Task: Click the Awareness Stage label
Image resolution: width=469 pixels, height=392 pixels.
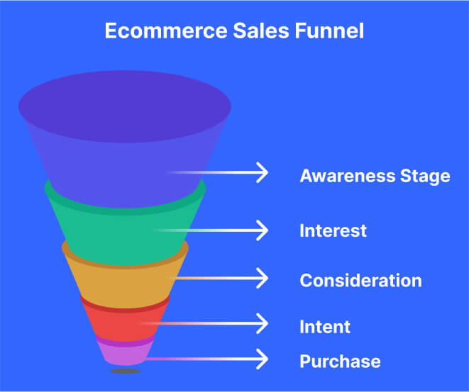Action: click(x=375, y=176)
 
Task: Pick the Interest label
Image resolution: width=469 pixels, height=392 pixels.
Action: click(x=333, y=230)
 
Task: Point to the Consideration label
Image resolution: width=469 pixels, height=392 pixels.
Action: click(x=360, y=280)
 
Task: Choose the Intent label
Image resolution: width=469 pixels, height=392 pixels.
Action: click(x=325, y=327)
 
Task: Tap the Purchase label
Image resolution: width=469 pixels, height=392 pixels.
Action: click(x=340, y=362)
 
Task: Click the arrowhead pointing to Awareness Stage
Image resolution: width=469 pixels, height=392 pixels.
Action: click(x=262, y=172)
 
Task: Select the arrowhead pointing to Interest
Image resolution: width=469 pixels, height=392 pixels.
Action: click(x=262, y=230)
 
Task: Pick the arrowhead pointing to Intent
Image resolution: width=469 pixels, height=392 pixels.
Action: click(x=262, y=324)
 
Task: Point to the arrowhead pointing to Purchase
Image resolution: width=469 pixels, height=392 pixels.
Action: click(x=262, y=359)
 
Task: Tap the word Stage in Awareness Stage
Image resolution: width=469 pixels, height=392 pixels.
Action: click(x=423, y=176)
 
